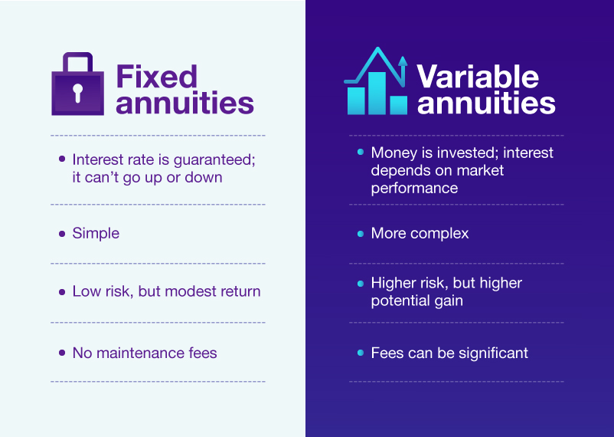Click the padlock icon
pos(78,84)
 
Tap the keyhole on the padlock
pos(78,93)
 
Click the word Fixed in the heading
pos(157,77)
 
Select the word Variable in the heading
pos(478,77)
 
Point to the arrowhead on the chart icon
pos(403,61)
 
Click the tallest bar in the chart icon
pos(377,94)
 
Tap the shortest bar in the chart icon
pos(399,105)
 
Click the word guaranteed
pos(214,160)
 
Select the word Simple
pos(96,233)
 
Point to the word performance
pos(414,189)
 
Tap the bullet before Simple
pos(62,234)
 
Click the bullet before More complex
pos(361,234)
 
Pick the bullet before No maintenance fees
pos(62,353)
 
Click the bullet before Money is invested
pos(361,153)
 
